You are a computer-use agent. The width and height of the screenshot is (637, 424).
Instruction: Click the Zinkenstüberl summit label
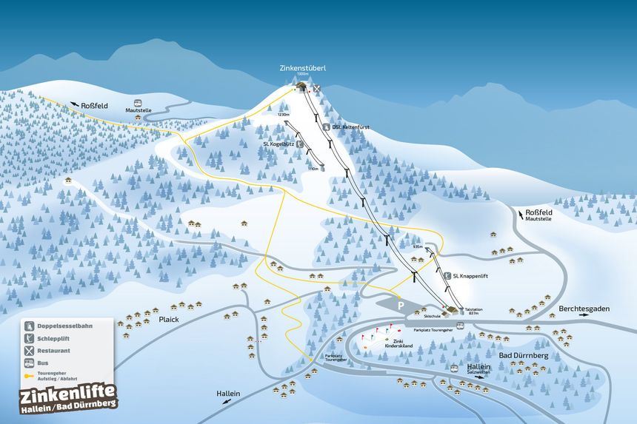click(x=303, y=68)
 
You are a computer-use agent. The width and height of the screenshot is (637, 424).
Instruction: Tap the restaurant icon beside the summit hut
click(x=317, y=89)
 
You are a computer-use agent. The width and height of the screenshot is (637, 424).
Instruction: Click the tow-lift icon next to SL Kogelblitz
click(x=300, y=144)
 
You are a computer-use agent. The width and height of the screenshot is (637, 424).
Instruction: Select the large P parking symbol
click(x=401, y=304)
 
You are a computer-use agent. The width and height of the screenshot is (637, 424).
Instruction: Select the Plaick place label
click(x=169, y=320)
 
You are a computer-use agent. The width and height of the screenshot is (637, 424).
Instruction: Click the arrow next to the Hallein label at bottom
click(x=225, y=400)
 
